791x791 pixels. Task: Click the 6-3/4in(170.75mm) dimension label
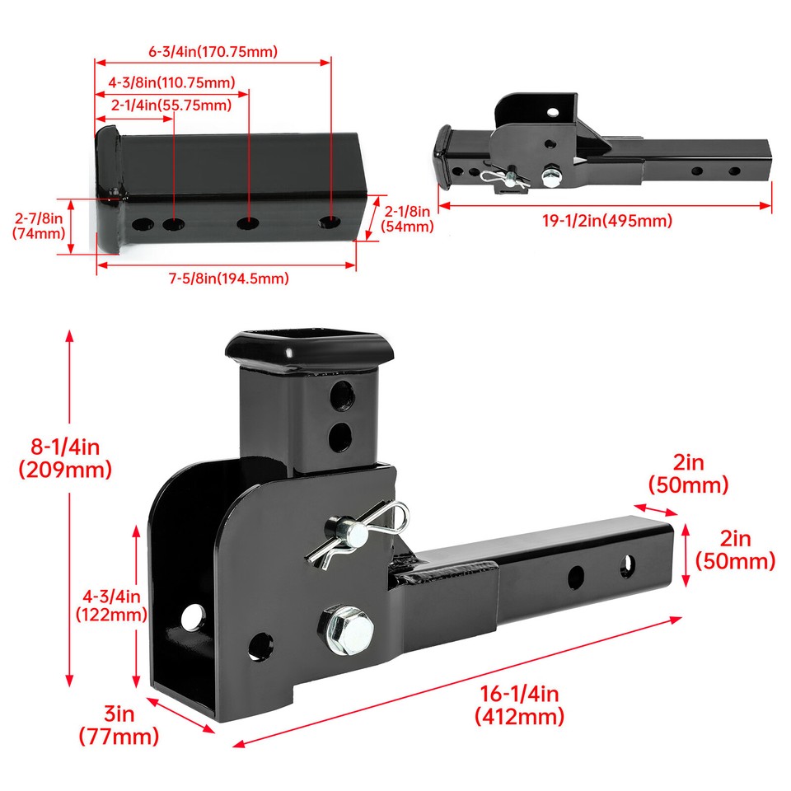click(213, 51)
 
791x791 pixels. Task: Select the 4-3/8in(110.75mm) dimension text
click(171, 82)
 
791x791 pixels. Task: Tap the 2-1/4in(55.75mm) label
click(171, 105)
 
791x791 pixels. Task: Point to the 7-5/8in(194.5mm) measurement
click(229, 278)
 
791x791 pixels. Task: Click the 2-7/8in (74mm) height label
click(39, 226)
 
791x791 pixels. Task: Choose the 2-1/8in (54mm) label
click(409, 220)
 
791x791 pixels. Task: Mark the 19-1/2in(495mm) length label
click(607, 220)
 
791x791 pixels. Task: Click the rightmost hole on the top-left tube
click(329, 223)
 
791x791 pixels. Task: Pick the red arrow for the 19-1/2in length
click(605, 204)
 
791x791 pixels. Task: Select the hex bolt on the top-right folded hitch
click(550, 176)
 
